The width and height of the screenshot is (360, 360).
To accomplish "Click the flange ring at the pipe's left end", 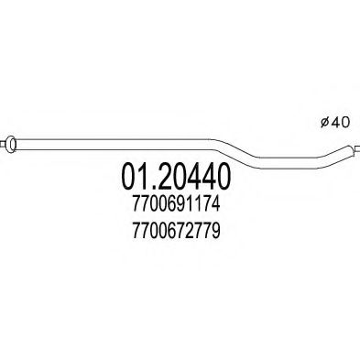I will coord(12,142).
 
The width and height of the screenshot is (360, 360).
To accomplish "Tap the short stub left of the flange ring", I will coord(4,142).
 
